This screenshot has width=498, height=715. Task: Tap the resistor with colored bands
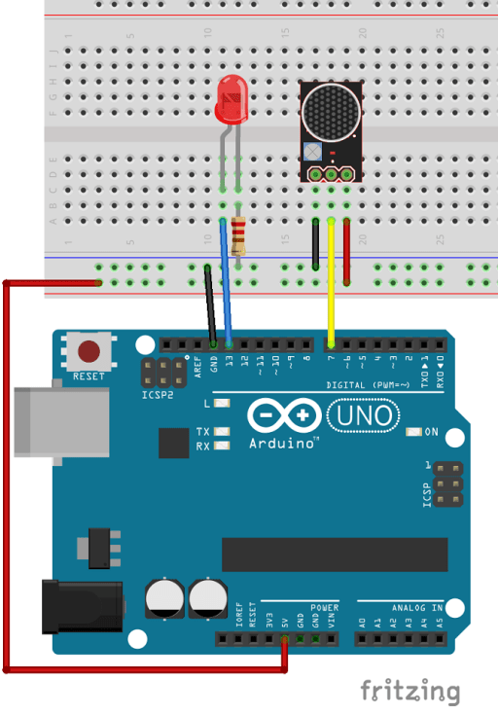(x=239, y=237)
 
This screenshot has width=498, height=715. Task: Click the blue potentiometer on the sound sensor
(x=311, y=152)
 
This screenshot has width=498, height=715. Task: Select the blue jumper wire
(x=227, y=282)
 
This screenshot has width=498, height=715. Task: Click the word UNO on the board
(x=363, y=416)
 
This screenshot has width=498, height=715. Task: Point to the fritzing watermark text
(x=409, y=692)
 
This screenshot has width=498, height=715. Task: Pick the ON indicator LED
(x=413, y=431)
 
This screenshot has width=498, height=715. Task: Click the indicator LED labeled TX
(x=223, y=431)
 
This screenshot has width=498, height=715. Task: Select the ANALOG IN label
(x=417, y=607)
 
